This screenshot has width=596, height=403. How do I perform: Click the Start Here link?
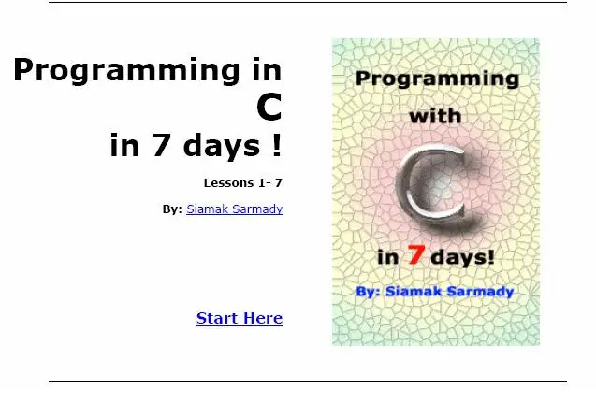point(240,318)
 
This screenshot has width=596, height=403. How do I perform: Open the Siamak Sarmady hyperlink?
point(235,209)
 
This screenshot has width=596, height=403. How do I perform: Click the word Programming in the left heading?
point(126,71)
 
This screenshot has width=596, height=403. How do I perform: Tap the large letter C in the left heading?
point(269,107)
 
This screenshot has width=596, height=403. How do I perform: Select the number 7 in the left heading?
point(161,144)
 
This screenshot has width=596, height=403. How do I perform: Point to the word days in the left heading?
point(222,145)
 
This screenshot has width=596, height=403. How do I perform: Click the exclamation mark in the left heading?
point(277,144)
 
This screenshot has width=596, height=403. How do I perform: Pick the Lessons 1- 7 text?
point(243,182)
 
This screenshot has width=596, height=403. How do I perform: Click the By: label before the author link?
point(172,209)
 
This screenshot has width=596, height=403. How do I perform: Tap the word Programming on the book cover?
point(437,79)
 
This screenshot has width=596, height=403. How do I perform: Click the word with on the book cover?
point(435,116)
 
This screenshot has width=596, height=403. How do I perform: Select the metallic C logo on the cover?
point(433,186)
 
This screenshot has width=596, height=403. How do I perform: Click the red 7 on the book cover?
point(415,254)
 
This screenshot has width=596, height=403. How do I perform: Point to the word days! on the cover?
point(462,257)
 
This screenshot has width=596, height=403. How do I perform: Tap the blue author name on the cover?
point(450,292)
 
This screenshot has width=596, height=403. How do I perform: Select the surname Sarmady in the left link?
point(257,209)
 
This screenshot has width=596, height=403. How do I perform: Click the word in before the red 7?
point(387,257)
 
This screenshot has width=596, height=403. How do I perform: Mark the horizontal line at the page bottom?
point(308,381)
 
